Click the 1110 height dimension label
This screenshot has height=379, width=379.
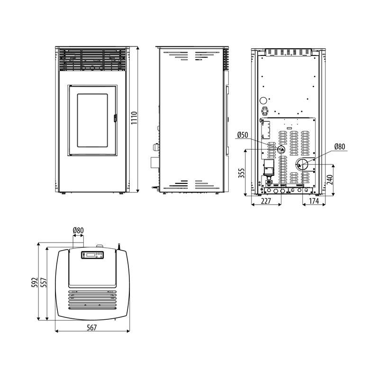click(134, 118)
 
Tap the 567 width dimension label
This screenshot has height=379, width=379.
click(91, 327)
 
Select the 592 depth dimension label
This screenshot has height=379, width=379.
click(35, 282)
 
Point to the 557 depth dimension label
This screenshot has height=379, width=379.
click(44, 282)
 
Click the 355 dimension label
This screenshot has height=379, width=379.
click(242, 173)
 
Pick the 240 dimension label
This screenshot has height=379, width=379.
click(330, 180)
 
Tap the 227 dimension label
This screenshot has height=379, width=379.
click(266, 201)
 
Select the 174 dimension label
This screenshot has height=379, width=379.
click(314, 201)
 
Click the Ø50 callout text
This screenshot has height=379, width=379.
click(243, 135)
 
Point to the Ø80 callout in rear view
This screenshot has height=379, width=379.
click(340, 146)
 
